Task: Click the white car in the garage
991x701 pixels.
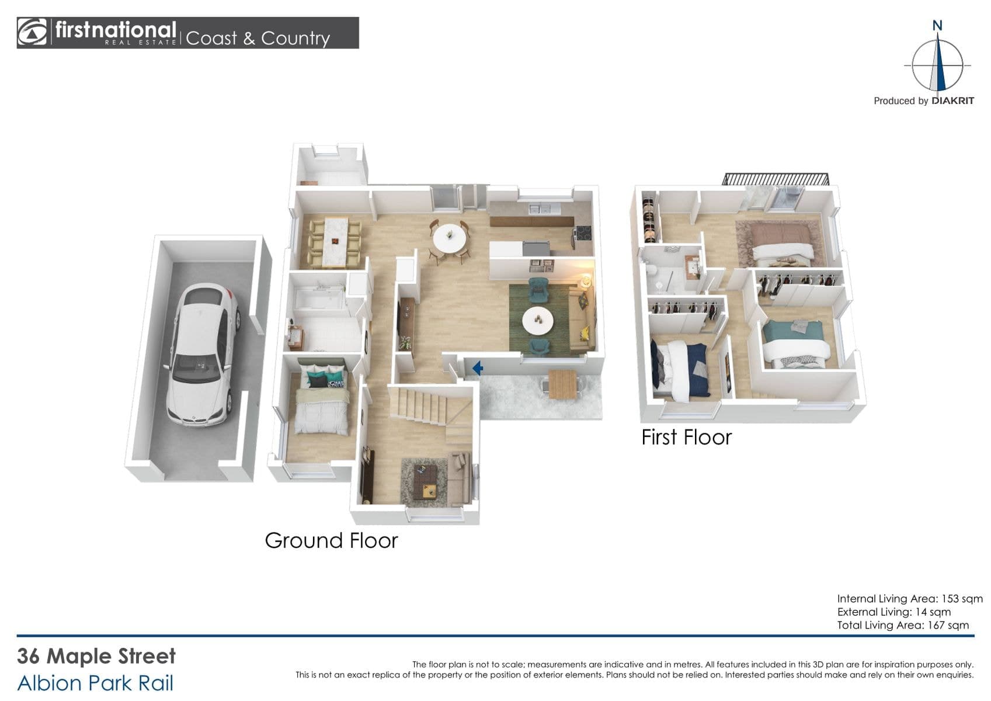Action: [202, 355]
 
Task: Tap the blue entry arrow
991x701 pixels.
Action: [477, 368]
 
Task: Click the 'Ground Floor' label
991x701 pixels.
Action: [331, 540]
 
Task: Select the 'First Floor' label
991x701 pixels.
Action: [687, 437]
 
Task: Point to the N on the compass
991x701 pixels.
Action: [937, 26]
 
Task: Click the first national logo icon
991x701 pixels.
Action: [32, 32]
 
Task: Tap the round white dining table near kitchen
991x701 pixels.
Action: [449, 238]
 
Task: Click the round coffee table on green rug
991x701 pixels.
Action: [537, 320]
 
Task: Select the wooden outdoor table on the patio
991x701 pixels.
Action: [562, 384]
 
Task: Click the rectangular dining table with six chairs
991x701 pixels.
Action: [335, 242]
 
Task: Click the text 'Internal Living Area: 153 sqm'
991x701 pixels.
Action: [910, 598]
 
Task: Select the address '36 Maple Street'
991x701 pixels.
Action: [96, 656]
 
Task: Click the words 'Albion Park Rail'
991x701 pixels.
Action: [95, 683]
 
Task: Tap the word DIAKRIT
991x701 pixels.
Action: [952, 101]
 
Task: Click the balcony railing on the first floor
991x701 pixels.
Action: [775, 179]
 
